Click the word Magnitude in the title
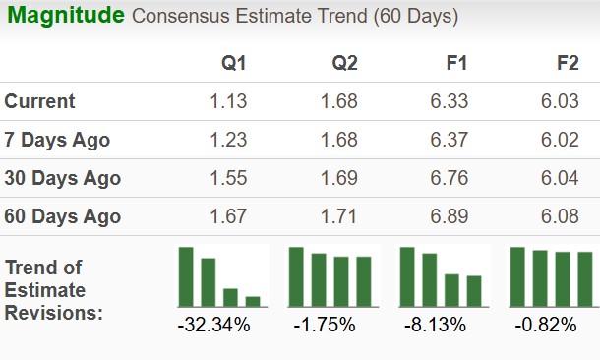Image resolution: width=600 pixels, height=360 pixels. [66, 16]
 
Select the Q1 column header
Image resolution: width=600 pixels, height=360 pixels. [233, 64]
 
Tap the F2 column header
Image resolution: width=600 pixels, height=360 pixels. [568, 64]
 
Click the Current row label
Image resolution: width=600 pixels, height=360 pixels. [40, 101]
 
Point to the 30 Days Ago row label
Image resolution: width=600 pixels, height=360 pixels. [63, 178]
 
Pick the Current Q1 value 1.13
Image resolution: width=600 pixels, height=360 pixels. [229, 101]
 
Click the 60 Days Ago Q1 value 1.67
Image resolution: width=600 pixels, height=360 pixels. [229, 216]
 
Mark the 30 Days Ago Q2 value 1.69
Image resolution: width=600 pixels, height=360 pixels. [339, 178]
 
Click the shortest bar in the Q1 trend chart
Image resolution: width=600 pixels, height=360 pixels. [253, 301]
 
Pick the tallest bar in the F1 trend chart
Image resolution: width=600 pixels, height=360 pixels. [407, 276]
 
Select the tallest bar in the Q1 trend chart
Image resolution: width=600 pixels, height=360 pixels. [186, 276]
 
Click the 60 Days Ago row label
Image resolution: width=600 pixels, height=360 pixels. [63, 216]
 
